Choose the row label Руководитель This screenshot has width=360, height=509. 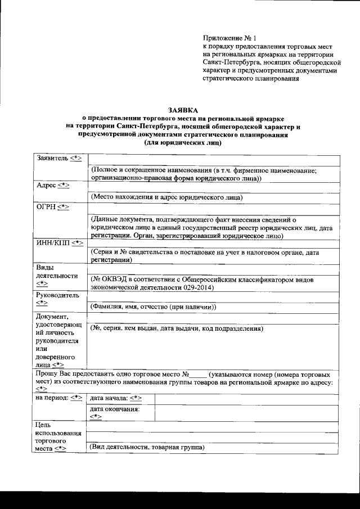(x=57, y=295)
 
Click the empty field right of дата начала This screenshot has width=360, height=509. (x=246, y=398)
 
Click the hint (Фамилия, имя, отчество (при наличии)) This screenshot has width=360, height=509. (x=153, y=307)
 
